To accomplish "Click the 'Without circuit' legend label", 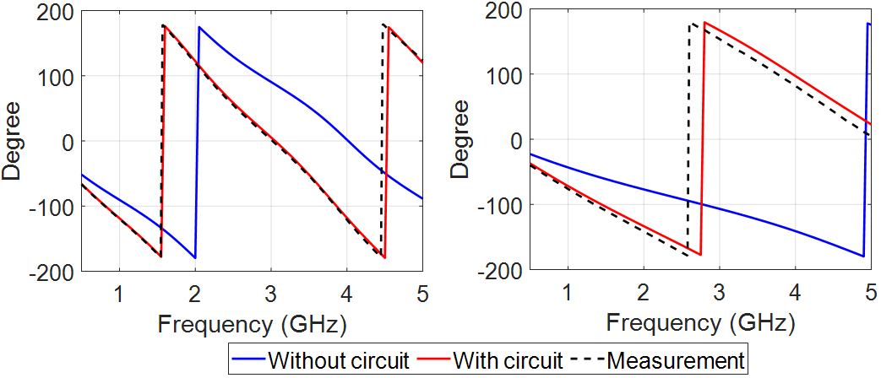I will click(339, 360).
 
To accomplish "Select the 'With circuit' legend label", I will click(508, 360).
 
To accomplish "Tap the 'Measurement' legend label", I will click(676, 360).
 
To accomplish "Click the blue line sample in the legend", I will click(250, 361).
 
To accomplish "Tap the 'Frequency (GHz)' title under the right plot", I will click(701, 323).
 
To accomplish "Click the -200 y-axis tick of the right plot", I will click(502, 270).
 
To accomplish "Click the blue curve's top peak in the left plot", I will click(199, 27).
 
